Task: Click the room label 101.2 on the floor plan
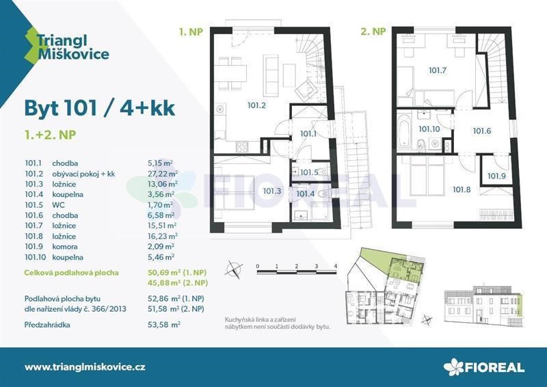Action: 256,105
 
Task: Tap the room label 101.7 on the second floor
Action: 438,70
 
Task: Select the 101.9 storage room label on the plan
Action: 496,176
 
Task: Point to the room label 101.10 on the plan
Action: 429,129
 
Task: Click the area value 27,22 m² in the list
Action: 163,174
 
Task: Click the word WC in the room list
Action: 58,205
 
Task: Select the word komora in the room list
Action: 65,246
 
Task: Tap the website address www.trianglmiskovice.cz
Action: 85,366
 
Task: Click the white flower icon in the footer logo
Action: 453,366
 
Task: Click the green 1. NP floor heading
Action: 191,32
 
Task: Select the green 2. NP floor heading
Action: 373,31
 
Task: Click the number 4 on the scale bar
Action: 336,266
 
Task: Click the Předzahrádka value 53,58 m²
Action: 164,325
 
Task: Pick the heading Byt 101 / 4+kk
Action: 99,108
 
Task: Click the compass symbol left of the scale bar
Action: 233,269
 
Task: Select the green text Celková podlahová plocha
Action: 72,273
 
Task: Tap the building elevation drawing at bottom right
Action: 484,306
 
